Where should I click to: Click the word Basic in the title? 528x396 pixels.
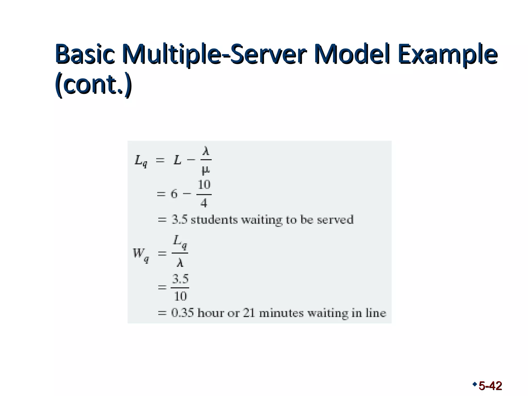85,55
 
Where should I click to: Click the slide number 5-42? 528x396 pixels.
490,386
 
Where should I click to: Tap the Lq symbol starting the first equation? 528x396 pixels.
141,161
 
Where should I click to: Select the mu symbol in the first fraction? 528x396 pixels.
205,170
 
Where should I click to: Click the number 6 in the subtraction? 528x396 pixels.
174,194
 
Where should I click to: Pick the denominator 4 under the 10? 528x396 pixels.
204,203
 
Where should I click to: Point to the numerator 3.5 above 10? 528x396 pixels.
180,279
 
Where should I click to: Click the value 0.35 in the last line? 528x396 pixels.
182,313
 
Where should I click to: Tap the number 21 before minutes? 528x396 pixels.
249,313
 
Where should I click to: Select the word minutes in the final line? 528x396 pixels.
281,313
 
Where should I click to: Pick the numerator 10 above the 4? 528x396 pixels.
204,185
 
